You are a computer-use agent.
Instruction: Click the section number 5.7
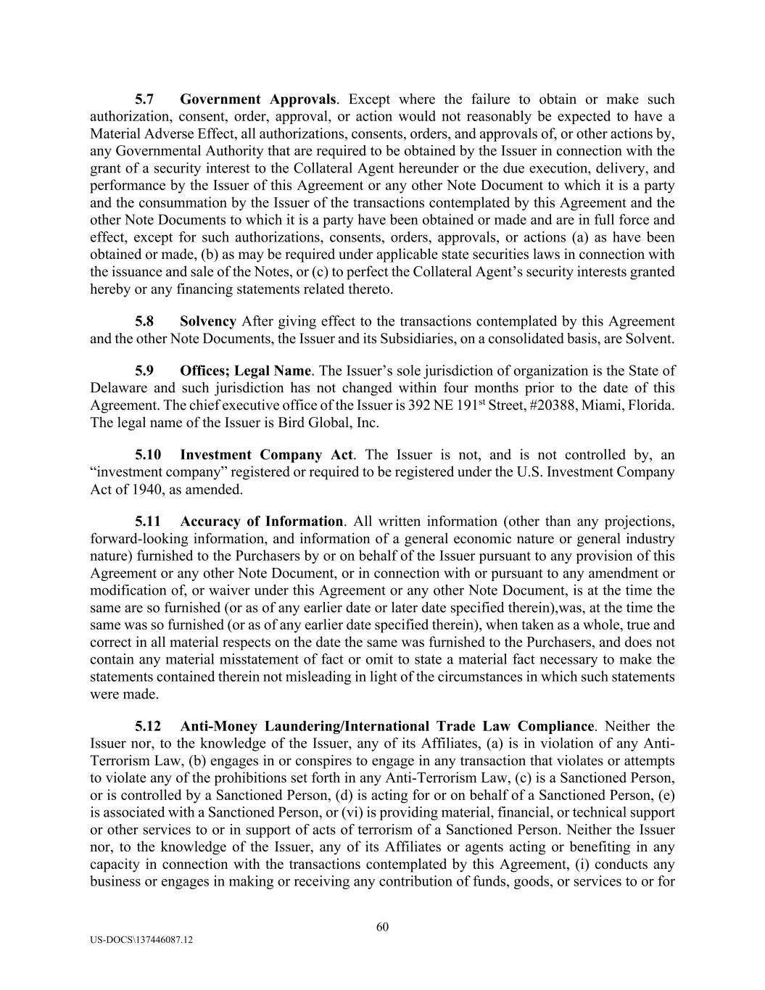tap(144, 99)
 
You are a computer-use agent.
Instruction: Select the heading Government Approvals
tap(257, 99)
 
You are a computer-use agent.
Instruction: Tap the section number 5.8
tap(144, 321)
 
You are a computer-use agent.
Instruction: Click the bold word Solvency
tap(208, 321)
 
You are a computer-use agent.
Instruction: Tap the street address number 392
tap(420, 405)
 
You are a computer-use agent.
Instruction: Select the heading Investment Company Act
tap(266, 455)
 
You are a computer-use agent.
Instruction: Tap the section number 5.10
tap(148, 455)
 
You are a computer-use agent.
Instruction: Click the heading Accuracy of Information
tap(261, 521)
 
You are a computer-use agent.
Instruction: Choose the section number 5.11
tap(148, 521)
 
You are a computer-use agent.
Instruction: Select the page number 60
tap(383, 926)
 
